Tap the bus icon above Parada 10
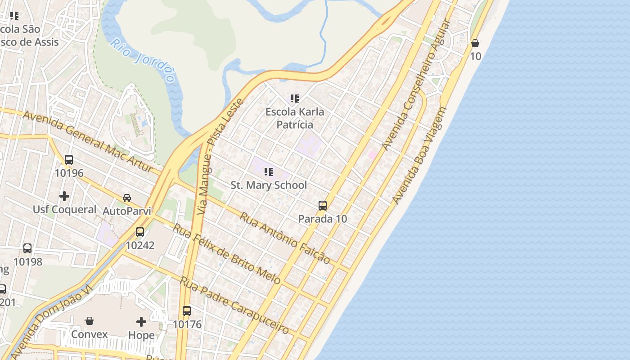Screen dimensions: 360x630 (323, 206)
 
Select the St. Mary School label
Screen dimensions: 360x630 (269, 185)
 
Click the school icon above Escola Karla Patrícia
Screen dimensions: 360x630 (295, 98)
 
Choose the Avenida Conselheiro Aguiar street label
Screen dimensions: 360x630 (416, 85)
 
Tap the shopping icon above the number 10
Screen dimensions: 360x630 (475, 43)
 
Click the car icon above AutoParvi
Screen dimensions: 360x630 (127, 198)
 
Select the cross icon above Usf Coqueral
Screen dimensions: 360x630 (64, 196)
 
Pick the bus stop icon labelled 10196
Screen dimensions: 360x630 (69, 160)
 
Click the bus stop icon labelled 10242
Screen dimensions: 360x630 (140, 232)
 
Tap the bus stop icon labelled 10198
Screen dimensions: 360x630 (27, 248)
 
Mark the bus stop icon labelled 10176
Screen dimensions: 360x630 (187, 310)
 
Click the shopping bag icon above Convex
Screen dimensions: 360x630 (90, 321)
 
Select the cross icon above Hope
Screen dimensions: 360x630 (141, 321)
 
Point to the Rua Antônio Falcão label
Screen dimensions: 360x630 (284, 238)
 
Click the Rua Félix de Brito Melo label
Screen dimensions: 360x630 (227, 254)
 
